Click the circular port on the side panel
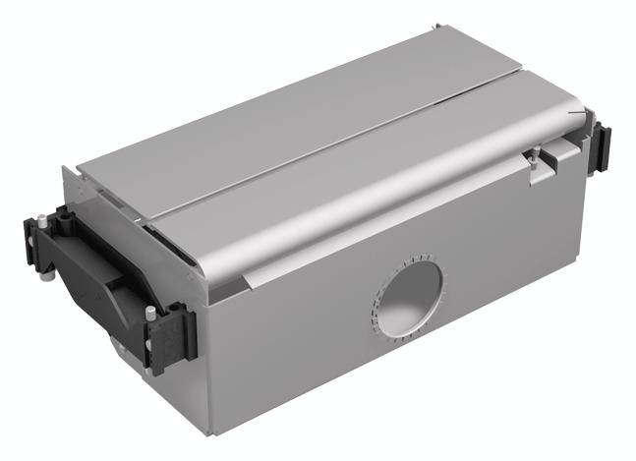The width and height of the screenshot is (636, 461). click(x=409, y=294)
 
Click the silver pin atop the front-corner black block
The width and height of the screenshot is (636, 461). click(x=150, y=312)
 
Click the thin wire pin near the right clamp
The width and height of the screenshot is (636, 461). click(x=580, y=112)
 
